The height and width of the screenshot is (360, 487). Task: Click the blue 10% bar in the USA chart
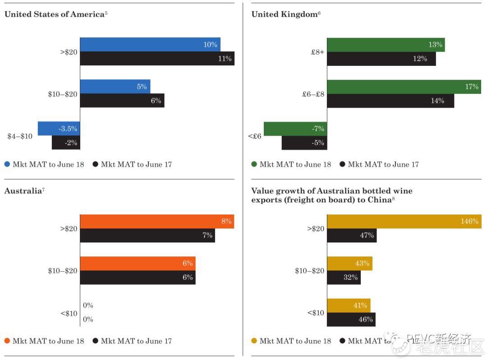click(x=150, y=45)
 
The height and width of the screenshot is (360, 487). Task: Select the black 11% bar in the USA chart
click(x=157, y=59)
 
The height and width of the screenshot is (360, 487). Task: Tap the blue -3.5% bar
click(x=59, y=128)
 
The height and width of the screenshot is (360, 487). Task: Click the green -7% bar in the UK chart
click(x=295, y=129)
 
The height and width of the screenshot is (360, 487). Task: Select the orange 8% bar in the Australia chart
click(x=157, y=221)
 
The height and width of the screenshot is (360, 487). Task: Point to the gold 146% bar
click(x=403, y=221)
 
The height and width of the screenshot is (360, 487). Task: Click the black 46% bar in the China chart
click(x=351, y=319)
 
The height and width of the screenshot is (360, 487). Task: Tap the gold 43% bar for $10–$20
click(x=350, y=263)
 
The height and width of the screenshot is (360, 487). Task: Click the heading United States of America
click(x=54, y=14)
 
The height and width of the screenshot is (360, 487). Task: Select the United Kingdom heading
click(x=284, y=14)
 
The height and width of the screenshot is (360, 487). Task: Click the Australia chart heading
click(x=22, y=191)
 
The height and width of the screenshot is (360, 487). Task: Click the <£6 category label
click(x=254, y=136)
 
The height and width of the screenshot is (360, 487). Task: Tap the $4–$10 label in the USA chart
click(x=20, y=136)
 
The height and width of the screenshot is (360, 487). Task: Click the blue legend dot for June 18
click(x=7, y=164)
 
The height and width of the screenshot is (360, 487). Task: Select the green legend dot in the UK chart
click(x=254, y=164)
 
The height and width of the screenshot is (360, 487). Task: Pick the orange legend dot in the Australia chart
click(x=7, y=341)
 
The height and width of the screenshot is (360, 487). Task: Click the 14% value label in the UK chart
click(x=437, y=101)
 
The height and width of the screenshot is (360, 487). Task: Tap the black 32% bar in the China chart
click(x=344, y=278)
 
